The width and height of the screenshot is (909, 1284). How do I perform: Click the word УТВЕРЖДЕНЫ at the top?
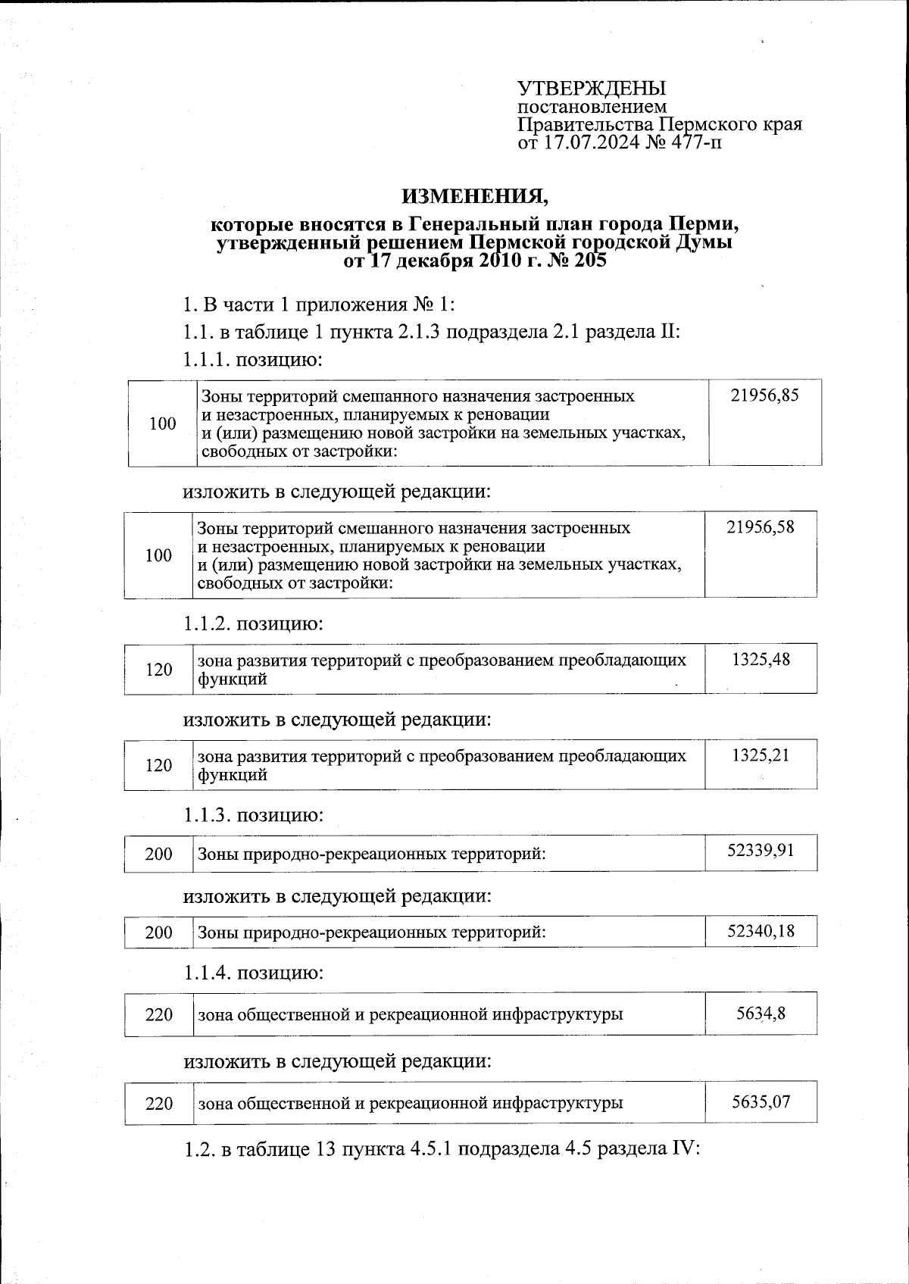tap(592, 89)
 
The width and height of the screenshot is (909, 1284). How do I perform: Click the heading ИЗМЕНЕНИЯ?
tap(474, 196)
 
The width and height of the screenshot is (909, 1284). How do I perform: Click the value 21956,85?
tap(764, 395)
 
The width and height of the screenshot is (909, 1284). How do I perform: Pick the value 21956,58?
tap(760, 527)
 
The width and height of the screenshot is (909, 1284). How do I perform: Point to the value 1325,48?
tap(760, 659)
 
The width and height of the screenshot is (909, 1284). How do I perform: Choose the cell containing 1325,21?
tap(760, 754)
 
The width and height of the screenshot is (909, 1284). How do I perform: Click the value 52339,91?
tap(760, 850)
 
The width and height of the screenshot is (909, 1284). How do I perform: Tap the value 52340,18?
tap(760, 930)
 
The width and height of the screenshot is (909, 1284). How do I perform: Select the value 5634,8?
tap(760, 1012)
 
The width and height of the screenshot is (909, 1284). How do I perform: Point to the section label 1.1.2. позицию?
tap(253, 624)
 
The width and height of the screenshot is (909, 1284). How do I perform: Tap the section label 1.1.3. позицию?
tap(253, 815)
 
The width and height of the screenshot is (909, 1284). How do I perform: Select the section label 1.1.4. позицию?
tap(253, 972)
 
